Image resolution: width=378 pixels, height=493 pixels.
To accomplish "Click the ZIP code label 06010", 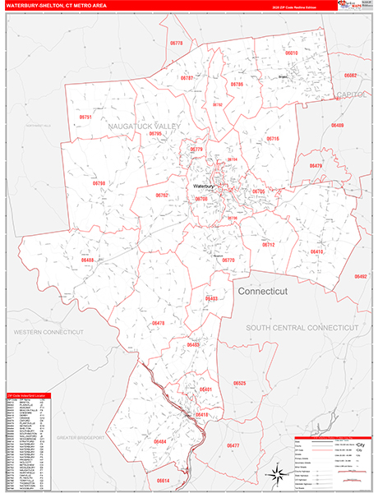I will coord(291,53).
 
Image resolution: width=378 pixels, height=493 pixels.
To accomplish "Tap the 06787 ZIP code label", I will coord(187,77).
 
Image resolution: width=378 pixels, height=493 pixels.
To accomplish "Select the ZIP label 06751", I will coord(85,117).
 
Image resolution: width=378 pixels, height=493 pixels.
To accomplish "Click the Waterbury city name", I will coord(203,187).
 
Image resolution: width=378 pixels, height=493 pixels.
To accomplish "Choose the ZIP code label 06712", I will coord(268,245).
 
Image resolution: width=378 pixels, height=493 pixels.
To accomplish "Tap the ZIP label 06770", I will coord(228,260).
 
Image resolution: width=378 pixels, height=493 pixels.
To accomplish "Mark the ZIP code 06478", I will coord(158,323).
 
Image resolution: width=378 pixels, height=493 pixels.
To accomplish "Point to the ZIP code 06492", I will coord(360,277).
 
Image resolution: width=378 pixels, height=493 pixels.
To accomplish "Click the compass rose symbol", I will coord(274,472).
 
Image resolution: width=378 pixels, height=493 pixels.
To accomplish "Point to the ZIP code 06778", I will coord(177,42).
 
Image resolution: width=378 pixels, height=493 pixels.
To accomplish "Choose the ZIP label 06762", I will coord(161,196).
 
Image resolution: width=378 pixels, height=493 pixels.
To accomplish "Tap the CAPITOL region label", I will coord(352,95).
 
